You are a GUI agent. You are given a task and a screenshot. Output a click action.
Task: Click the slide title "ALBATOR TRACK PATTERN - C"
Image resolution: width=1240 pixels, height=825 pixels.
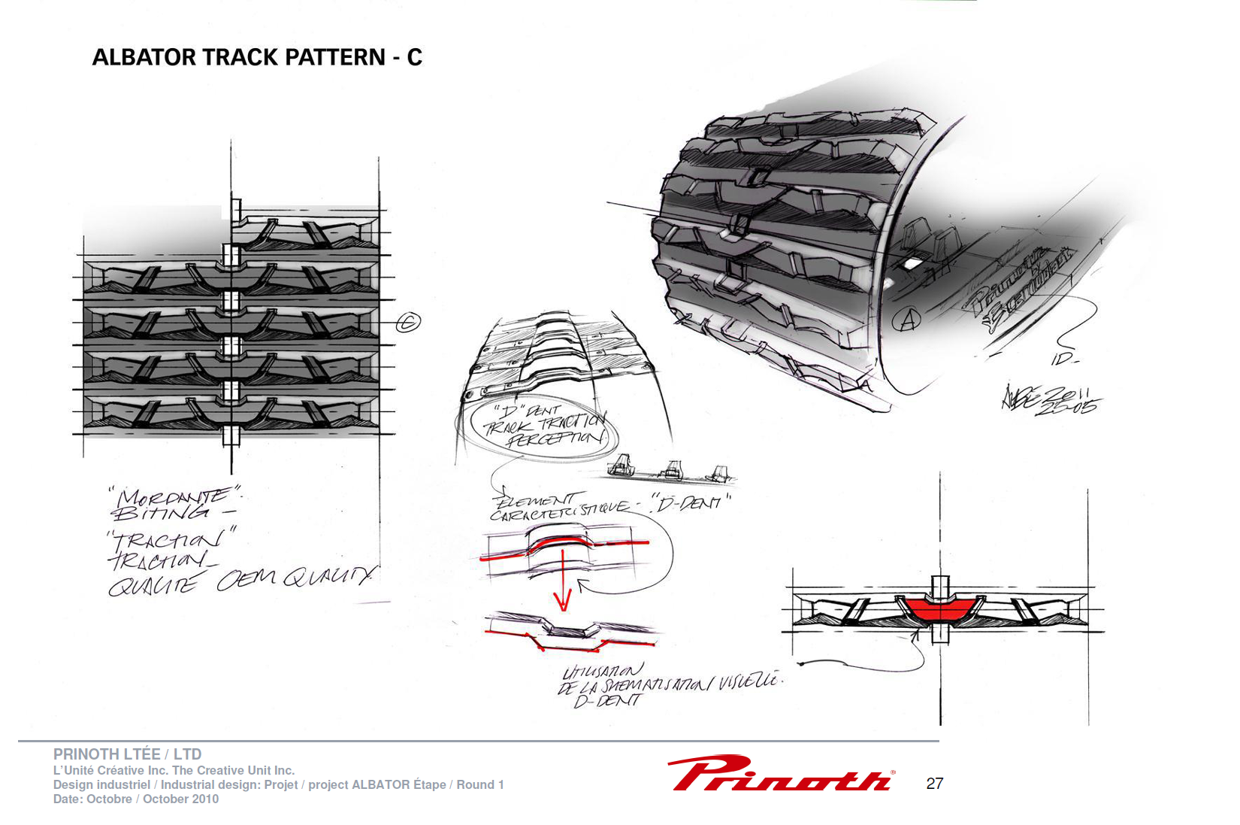point(257,57)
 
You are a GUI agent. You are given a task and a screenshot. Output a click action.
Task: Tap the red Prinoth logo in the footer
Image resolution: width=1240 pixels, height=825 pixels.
point(780,773)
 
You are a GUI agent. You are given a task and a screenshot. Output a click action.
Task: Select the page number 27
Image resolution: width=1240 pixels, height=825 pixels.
point(934,784)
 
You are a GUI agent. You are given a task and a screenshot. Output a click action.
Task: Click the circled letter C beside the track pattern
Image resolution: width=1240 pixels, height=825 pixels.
point(408,322)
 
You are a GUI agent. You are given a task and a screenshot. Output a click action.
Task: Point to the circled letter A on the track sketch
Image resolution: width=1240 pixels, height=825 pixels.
point(906,320)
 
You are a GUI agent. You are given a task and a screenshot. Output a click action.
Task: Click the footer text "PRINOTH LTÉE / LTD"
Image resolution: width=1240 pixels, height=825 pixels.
point(127,754)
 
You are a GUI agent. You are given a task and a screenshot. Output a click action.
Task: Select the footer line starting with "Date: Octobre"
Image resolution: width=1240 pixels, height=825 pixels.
point(135,799)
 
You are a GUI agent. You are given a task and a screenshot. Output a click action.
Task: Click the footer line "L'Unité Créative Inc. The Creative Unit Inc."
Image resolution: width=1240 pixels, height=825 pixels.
point(174,770)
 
